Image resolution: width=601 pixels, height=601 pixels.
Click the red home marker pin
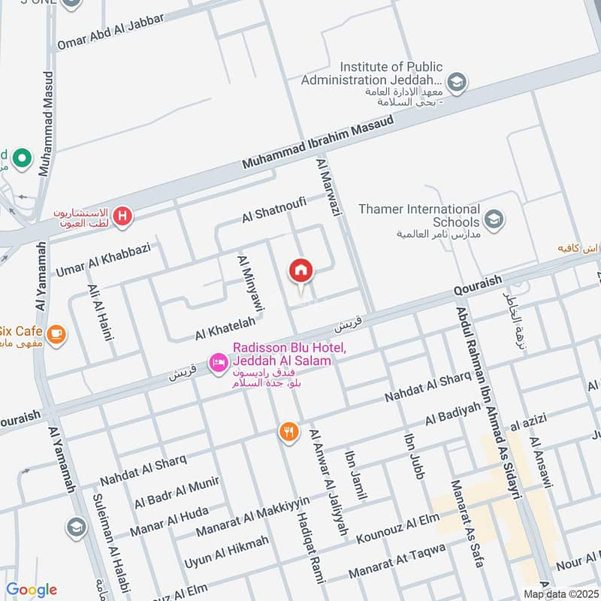click(301, 270)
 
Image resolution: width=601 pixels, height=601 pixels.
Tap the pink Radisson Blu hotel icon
click(218, 363)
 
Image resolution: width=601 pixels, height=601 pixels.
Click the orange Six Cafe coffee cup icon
click(55, 332)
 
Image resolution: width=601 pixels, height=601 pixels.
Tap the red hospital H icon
click(123, 218)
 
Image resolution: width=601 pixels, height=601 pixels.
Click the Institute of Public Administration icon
click(455, 80)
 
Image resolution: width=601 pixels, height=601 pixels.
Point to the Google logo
click(32, 589)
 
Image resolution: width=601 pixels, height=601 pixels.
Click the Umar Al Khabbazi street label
click(102, 259)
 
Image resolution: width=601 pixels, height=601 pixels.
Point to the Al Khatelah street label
click(225, 327)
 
